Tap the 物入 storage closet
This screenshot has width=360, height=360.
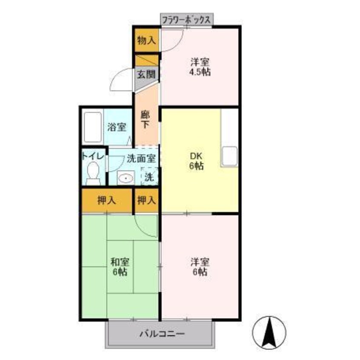pyautogui.click(x=146, y=40)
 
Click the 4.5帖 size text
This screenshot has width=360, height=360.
pyautogui.click(x=200, y=71)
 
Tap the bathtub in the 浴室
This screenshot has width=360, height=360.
pyautogui.click(x=92, y=127)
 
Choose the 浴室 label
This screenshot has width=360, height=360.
pyautogui.click(x=117, y=127)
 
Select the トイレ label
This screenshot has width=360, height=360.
pyautogui.click(x=93, y=156)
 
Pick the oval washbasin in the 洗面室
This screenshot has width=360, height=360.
pyautogui.click(x=125, y=177)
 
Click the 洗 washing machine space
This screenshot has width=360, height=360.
pyautogui.click(x=149, y=176)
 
